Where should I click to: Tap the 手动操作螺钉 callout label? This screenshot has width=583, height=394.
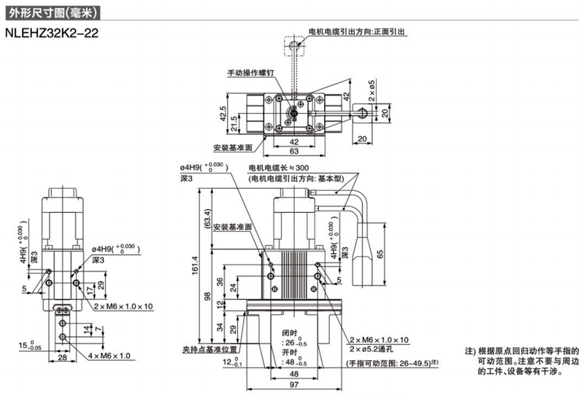pos(250,73)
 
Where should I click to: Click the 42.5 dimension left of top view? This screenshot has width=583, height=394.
pos(222,114)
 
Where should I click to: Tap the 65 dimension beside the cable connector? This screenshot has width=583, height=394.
pos(381,253)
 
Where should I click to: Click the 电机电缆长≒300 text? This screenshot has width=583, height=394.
pos(279,168)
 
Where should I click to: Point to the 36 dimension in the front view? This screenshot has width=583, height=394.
pos(219,280)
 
